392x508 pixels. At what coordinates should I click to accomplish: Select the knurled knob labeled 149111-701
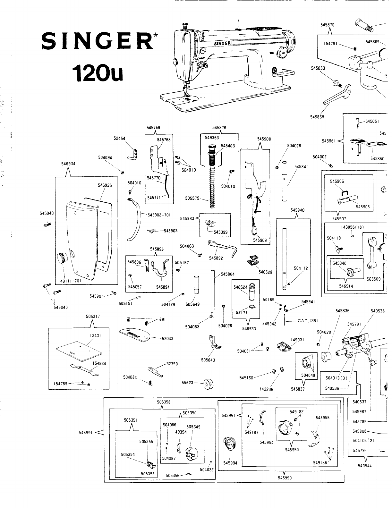click(x=62, y=258)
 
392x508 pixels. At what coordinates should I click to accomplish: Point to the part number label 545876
click(x=219, y=127)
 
